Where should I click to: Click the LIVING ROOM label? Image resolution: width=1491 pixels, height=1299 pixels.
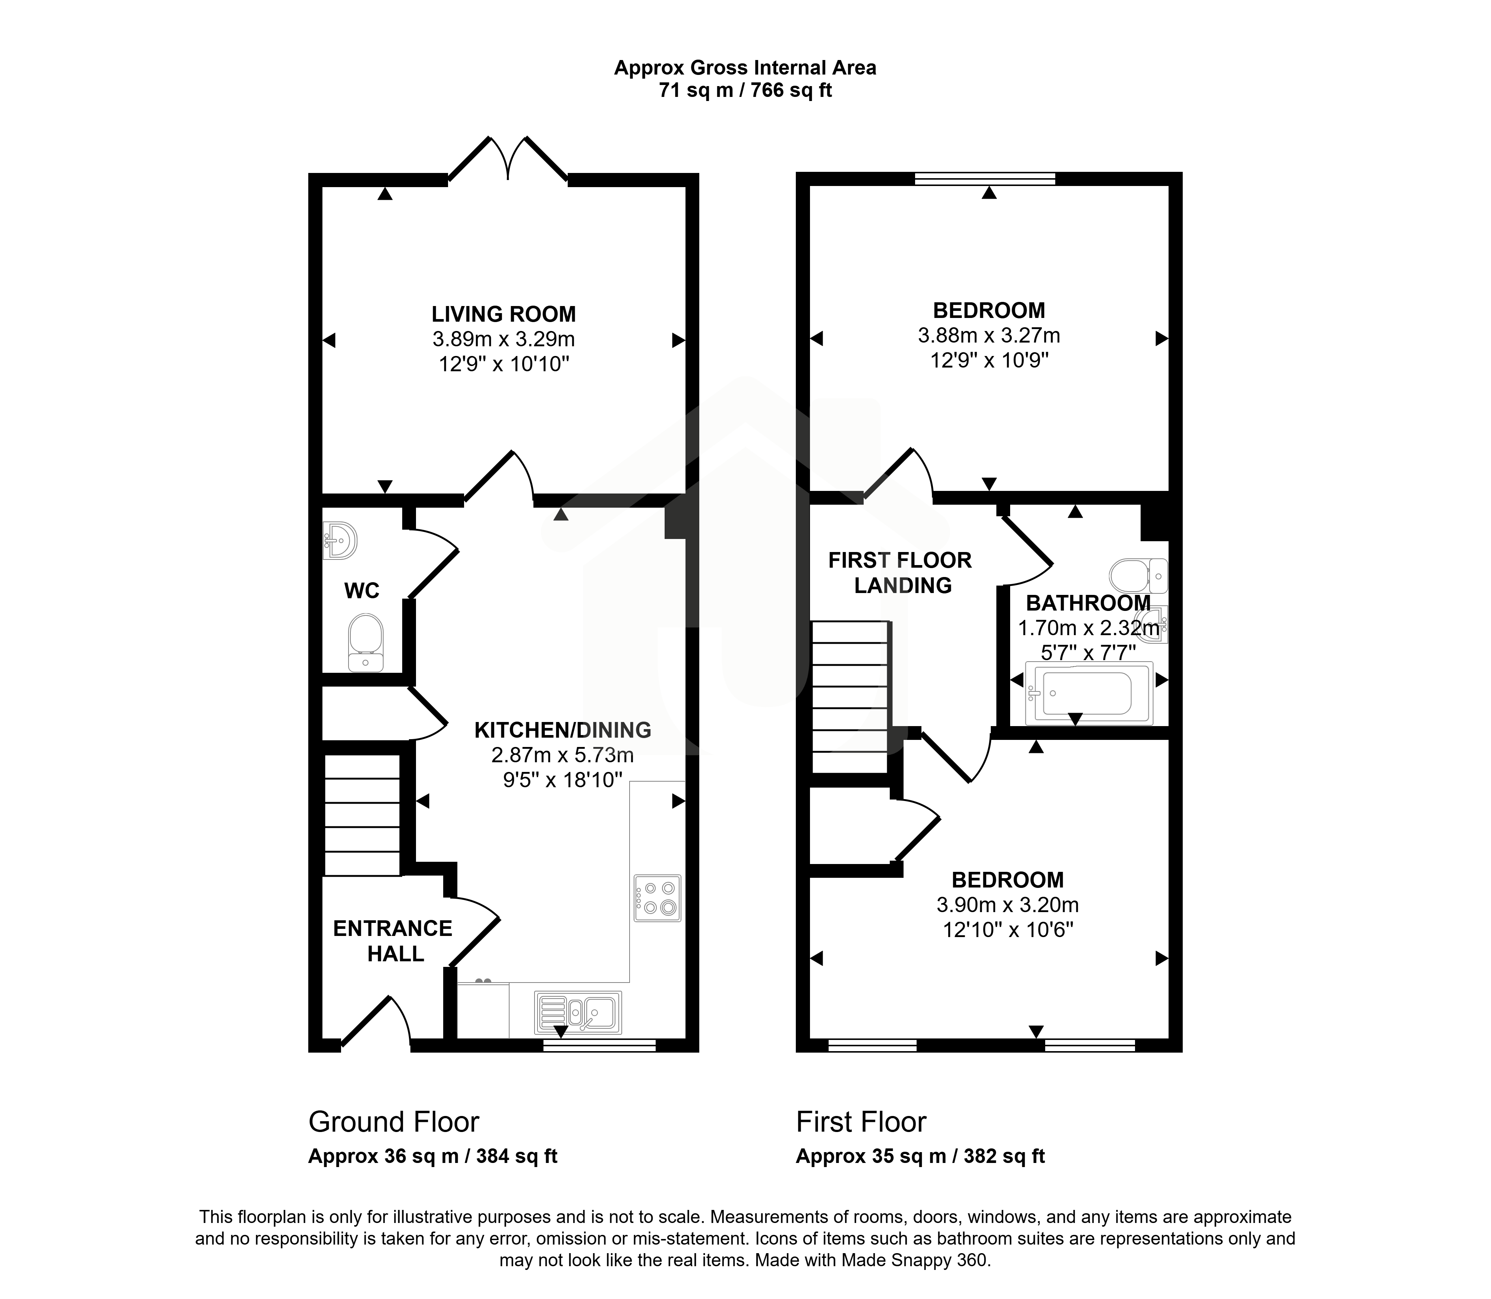tap(504, 315)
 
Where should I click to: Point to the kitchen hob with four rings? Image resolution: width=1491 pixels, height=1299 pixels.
tap(658, 898)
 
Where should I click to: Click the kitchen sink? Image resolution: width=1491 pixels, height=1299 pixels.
tap(578, 1012)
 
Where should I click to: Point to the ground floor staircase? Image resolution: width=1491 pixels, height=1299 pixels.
tap(362, 815)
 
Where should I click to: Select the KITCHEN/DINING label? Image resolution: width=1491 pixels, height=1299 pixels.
tap(562, 730)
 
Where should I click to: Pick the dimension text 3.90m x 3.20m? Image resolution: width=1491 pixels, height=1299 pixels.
tap(1008, 905)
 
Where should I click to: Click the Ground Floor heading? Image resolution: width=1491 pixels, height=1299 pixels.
tap(394, 1122)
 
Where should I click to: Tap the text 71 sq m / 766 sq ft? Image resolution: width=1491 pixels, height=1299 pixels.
tap(745, 91)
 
